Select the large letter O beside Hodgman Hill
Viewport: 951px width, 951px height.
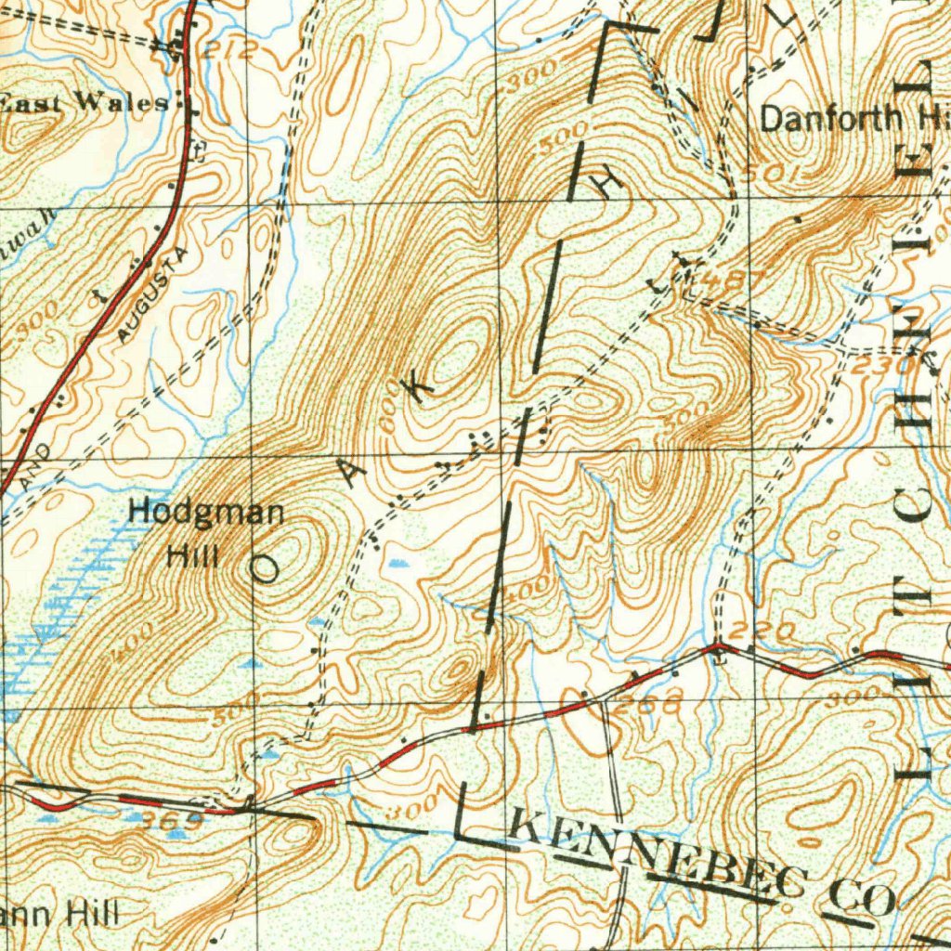pos(264,568)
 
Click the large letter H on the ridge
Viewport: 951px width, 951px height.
pos(608,186)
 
